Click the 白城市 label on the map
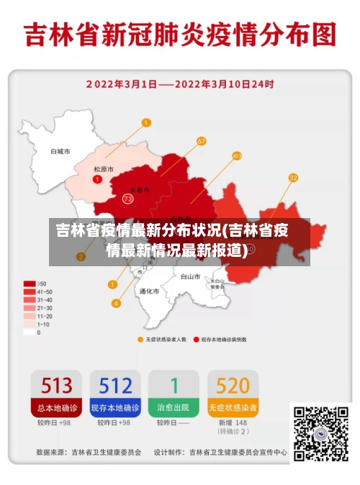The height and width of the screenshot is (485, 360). pos(60,152)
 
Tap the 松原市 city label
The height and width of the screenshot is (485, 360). pos(104,169)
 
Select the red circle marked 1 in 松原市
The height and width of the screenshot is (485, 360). pos(97,178)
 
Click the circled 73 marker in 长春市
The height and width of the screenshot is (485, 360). pos(127,198)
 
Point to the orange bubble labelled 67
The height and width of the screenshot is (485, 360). pos(201,141)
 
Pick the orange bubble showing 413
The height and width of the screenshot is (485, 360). pos(237,155)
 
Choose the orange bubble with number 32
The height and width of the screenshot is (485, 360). pos(293,178)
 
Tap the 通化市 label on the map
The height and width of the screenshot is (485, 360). pos(148,291)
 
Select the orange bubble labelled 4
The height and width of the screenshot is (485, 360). pos(116,303)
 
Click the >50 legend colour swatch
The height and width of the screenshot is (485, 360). pos(30,284)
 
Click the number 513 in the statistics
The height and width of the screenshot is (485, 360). pos(55,386)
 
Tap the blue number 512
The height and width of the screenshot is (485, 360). pos(114,386)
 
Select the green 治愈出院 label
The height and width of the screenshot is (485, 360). pos(174,407)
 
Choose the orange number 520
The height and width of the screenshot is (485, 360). pos(233,386)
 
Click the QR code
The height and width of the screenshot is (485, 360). pos(320,434)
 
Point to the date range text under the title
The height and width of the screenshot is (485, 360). pos(180,83)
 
